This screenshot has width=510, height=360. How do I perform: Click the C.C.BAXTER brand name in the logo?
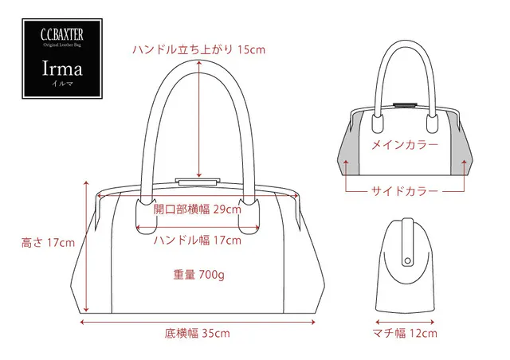[62, 35]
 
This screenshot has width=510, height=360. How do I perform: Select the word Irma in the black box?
[62, 68]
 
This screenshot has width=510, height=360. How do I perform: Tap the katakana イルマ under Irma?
[62, 84]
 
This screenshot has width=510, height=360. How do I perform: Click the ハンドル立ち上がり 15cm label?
[198, 49]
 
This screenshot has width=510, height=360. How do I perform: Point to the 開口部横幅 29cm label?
[198, 209]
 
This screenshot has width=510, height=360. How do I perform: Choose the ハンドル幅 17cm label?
[198, 241]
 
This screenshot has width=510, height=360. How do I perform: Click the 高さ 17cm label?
[48, 243]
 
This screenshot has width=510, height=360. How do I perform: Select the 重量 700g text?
[198, 275]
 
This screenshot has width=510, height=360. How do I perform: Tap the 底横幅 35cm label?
[197, 334]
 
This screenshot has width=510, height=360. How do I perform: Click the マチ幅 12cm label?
[405, 333]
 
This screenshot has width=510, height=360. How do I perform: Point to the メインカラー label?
[405, 145]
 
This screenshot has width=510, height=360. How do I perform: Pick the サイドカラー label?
[405, 191]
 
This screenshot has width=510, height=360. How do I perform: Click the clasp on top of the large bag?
[197, 182]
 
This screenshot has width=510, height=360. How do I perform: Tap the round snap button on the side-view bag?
[407, 260]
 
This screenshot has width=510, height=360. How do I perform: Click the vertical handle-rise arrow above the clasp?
[199, 119]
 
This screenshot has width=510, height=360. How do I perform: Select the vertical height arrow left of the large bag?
[86, 246]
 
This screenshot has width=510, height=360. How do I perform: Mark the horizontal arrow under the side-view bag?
[405, 323]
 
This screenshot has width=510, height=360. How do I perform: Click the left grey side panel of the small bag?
[349, 147]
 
